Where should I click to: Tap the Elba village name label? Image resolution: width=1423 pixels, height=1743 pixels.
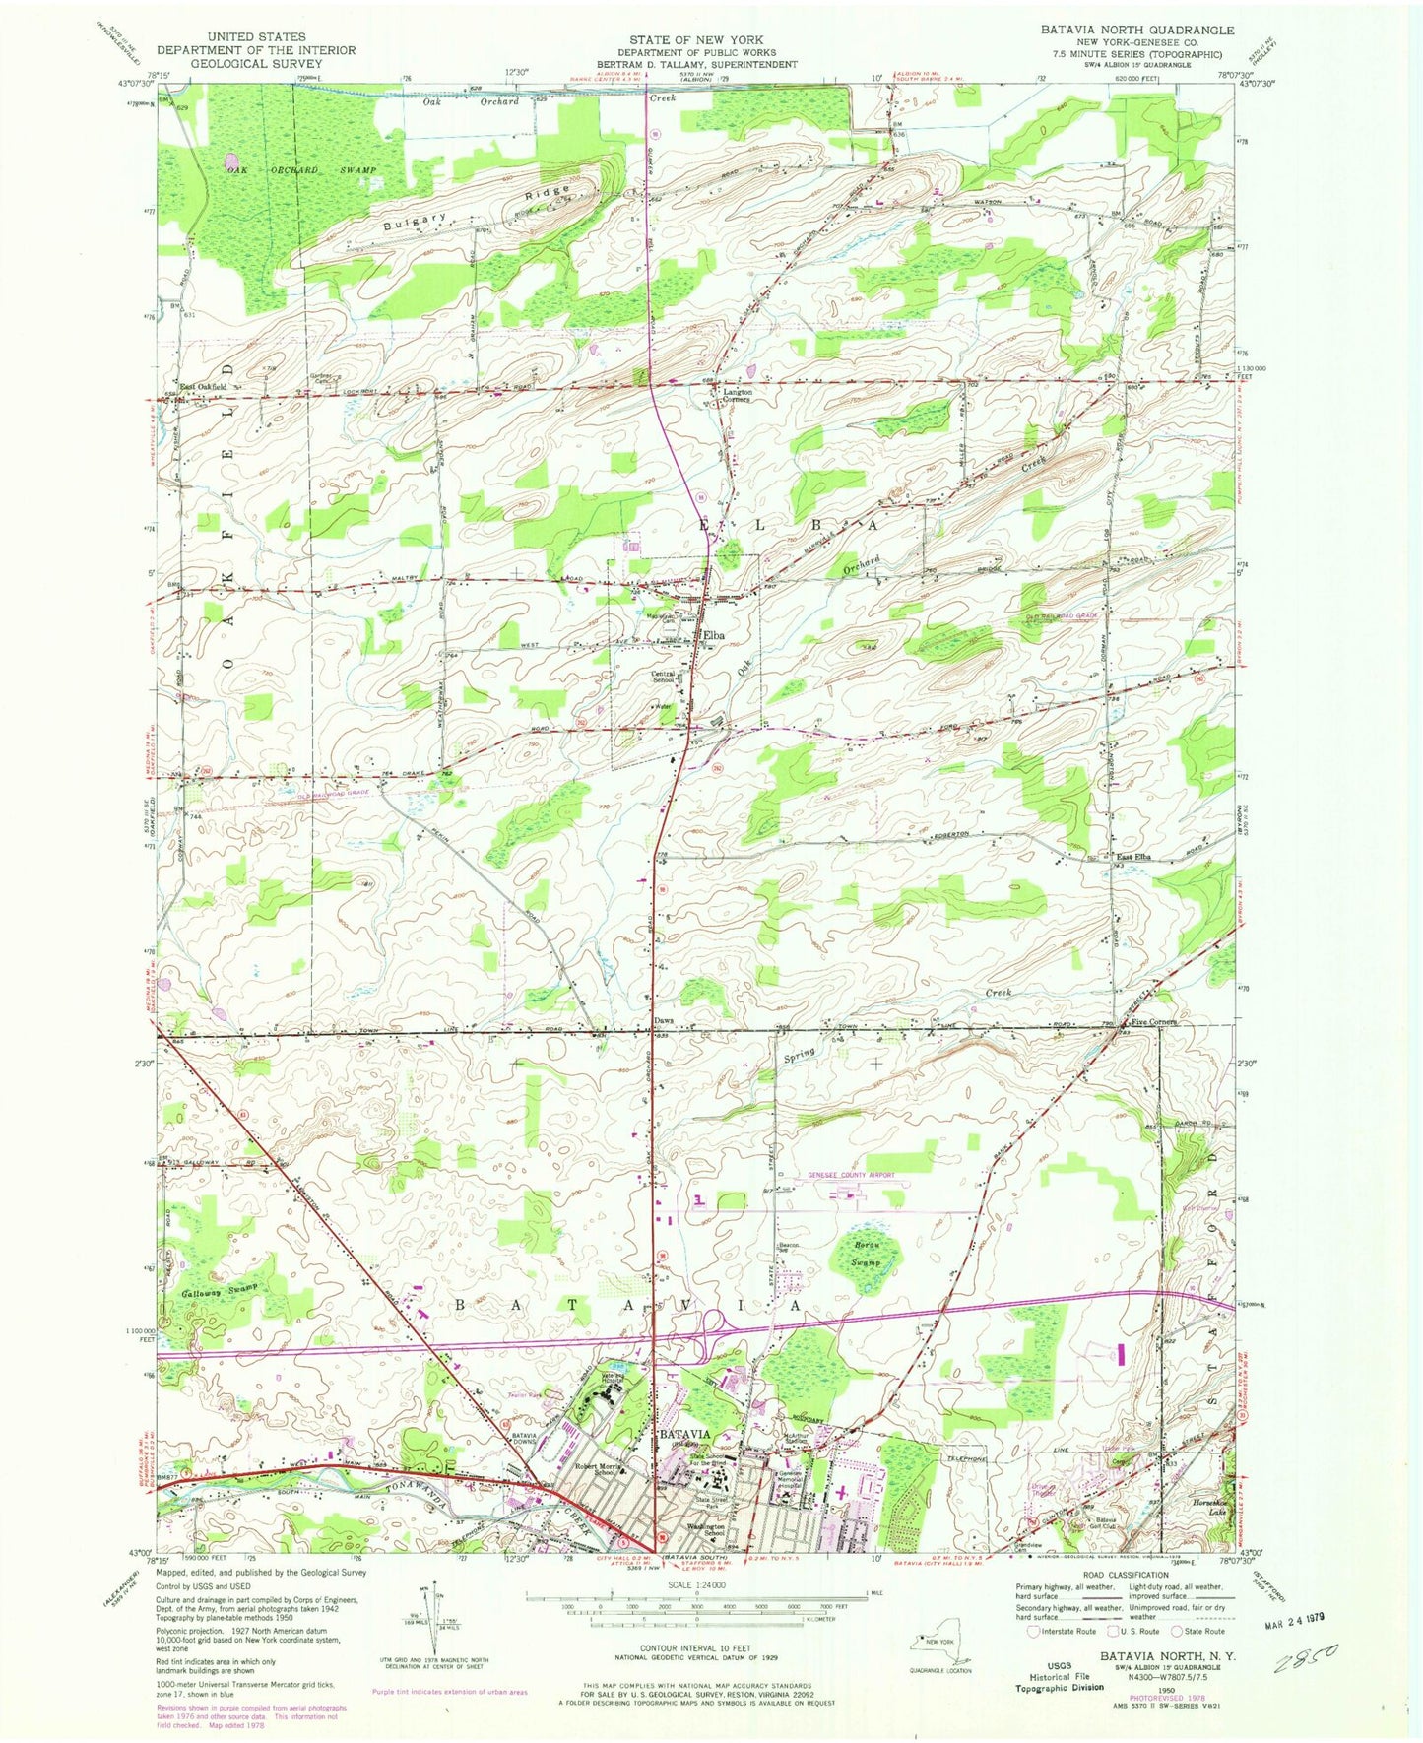point(712,636)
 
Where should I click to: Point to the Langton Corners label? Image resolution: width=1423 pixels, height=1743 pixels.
point(733,395)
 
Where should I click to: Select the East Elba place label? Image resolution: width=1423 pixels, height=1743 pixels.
point(1133,856)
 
